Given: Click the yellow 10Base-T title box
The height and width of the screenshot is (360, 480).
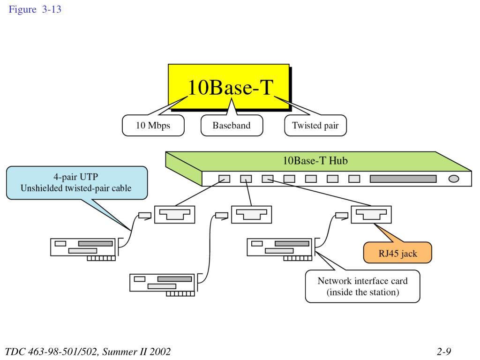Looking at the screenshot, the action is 229,87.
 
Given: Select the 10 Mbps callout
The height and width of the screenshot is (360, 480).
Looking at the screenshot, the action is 153,126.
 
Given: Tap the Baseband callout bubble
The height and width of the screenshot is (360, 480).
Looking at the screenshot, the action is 232,126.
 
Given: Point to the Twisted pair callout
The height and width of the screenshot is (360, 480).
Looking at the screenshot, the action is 315,126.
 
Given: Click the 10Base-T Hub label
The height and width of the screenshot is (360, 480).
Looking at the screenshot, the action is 315,161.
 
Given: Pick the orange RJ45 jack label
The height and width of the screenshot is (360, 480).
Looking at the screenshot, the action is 397,253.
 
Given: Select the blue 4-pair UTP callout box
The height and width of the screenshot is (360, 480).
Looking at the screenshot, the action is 77,183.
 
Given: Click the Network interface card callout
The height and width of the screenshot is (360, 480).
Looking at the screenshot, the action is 362,286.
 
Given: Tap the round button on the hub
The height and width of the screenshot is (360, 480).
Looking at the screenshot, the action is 454,179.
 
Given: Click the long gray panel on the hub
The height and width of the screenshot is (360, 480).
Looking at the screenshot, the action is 403,179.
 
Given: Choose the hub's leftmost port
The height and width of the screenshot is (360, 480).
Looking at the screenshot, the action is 225,179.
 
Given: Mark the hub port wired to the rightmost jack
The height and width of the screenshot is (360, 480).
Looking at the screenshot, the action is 268,179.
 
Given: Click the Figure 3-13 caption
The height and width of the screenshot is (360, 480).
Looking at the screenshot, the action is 35,9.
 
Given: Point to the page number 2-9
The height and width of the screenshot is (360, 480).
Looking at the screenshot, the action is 444,351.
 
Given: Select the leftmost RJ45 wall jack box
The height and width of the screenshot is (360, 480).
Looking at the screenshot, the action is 174,214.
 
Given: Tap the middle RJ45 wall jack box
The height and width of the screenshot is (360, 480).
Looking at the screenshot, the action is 251,214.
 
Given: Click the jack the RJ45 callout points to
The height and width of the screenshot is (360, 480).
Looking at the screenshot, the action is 371,214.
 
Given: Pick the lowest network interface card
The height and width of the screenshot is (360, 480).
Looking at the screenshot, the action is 162,285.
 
